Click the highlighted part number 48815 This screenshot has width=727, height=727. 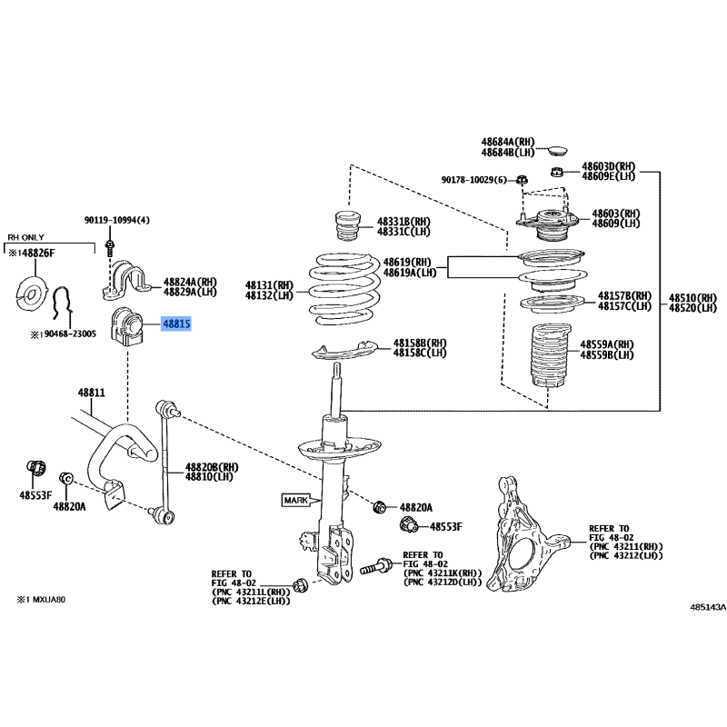tap(176, 324)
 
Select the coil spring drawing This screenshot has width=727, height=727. tap(344, 289)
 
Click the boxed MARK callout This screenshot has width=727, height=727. tap(296, 501)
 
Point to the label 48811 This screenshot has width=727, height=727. tap(92, 393)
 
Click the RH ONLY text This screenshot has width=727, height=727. tap(26, 237)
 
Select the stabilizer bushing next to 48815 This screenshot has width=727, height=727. tap(125, 328)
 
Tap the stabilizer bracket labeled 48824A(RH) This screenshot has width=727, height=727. tap(126, 280)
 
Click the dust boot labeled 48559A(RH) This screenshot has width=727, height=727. tap(551, 355)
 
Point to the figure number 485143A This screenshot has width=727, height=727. tap(708, 607)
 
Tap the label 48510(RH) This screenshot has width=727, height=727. tap(692, 298)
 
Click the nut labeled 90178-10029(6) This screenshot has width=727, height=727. tap(522, 179)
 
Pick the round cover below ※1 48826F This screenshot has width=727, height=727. tap(32, 294)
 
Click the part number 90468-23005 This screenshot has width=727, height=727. tap(70, 334)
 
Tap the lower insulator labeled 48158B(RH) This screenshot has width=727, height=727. tap(344, 350)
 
